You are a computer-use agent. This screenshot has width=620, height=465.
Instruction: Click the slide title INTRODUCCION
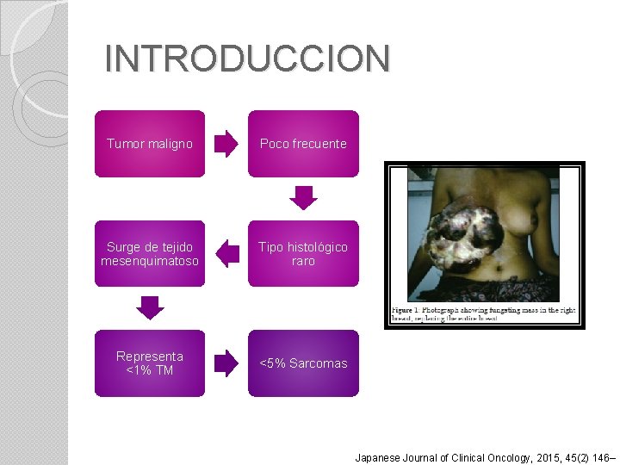click(247, 59)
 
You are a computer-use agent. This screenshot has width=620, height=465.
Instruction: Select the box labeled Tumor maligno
click(150, 144)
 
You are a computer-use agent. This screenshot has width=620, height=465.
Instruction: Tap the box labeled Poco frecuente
click(303, 144)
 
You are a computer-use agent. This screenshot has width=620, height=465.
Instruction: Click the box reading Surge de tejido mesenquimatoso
click(150, 254)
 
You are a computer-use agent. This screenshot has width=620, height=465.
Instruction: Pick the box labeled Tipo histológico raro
click(303, 254)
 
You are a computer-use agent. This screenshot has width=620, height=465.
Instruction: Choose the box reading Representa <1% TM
click(150, 363)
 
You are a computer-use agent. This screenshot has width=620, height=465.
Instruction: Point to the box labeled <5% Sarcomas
click(303, 363)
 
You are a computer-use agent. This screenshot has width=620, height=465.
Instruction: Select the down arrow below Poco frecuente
click(303, 198)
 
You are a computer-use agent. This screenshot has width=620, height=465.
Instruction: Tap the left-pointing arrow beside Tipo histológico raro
click(227, 254)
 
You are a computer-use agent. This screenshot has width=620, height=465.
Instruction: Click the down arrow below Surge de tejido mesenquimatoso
click(150, 307)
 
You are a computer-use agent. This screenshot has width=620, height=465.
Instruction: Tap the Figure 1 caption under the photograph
click(483, 313)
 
